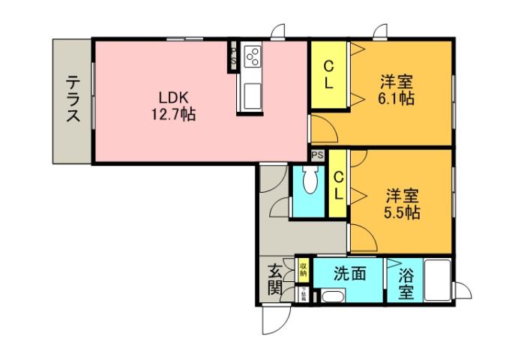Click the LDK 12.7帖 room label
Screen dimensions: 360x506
[177, 106]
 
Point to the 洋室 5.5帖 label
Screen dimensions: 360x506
[403, 203]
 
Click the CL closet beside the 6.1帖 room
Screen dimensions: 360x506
[329, 74]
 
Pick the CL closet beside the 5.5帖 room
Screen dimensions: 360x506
[338, 184]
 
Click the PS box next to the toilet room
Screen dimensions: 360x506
[318, 154]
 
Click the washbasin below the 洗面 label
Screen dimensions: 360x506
[330, 298]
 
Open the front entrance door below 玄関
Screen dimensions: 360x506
[274, 321]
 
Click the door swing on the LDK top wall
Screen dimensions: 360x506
[278, 33]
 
